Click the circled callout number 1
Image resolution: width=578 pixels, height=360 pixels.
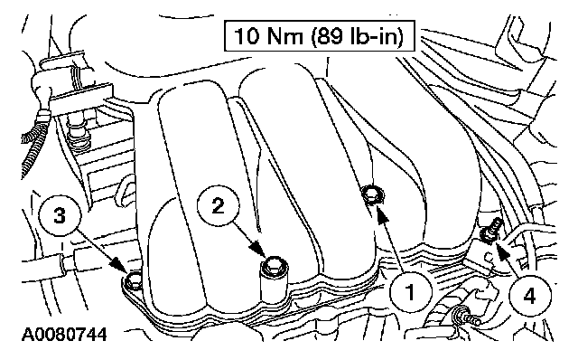coord(410,293)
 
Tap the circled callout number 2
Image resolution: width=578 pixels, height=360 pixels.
coord(218,206)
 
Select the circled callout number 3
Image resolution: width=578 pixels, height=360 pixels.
coord(60,215)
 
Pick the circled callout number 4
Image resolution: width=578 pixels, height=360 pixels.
coord(529,295)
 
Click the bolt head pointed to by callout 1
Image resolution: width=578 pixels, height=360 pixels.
coord(371,194)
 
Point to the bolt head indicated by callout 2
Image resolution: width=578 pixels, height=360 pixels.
coord(274,265)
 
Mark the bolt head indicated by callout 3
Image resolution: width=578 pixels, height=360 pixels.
coord(134,280)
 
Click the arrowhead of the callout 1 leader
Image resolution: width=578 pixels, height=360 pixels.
coord(383,214)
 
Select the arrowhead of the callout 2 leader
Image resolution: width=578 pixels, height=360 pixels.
coord(259,249)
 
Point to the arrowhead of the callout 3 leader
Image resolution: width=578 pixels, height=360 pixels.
coord(117,263)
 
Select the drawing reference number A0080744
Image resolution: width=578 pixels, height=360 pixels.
coord(64,335)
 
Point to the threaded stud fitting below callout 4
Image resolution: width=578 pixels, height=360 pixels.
coord(466,317)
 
